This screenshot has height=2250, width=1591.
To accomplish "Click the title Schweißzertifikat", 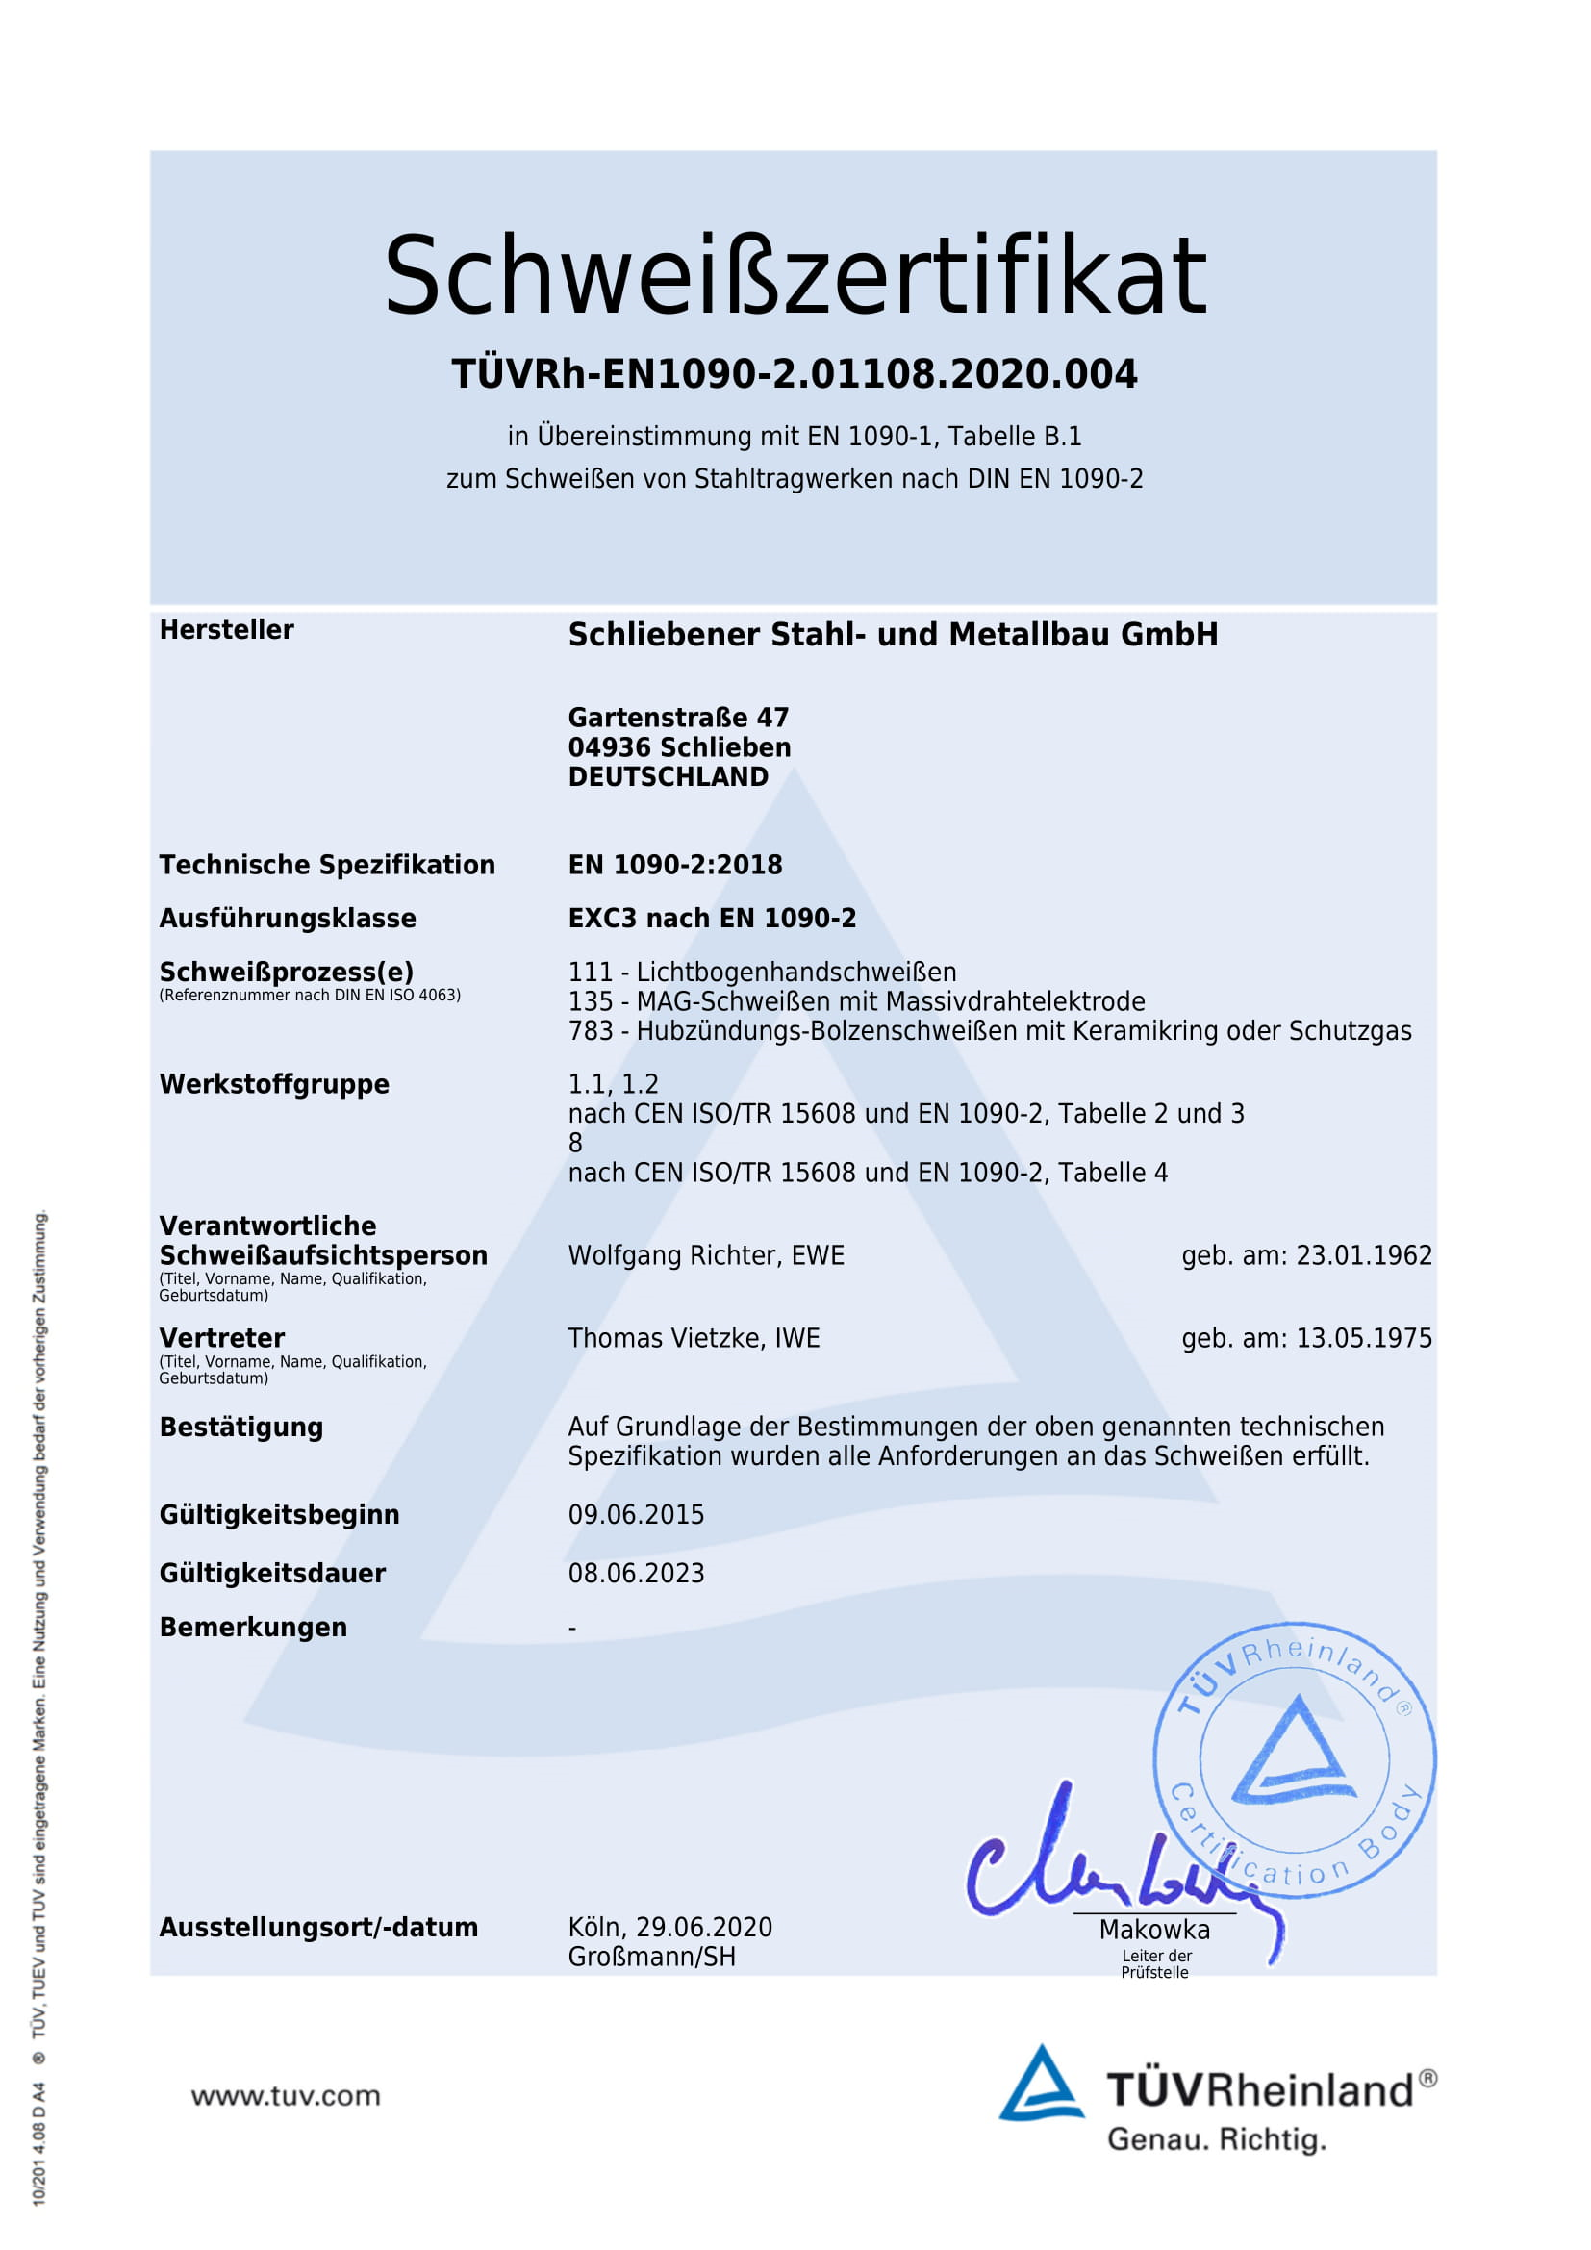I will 795,275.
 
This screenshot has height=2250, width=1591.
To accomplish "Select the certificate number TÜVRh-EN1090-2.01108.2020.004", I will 795,374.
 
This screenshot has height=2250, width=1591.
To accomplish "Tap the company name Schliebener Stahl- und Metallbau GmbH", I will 893,635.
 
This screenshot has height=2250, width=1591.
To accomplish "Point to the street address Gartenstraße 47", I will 678,718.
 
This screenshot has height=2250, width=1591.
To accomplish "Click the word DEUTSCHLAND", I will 669,777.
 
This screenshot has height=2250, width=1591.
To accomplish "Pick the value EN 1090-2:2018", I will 675,865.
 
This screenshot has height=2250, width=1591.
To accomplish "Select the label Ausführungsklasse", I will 288,919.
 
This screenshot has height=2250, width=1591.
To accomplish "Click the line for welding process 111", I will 762,973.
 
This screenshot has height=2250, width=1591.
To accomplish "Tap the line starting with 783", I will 990,1031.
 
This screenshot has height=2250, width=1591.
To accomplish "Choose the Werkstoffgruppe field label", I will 274,1084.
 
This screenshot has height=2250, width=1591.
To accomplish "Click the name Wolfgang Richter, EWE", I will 705,1255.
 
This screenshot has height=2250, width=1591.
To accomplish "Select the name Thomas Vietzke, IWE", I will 694,1338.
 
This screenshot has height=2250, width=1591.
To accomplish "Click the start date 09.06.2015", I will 636,1514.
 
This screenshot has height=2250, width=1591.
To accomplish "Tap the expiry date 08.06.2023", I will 636,1573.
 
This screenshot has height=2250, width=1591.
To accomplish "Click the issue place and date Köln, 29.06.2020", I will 670,1927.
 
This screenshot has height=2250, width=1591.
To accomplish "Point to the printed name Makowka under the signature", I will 1154,1930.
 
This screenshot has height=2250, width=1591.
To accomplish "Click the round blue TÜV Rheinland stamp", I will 1293,1760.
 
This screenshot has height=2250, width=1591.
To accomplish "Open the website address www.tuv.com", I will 285,2095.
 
